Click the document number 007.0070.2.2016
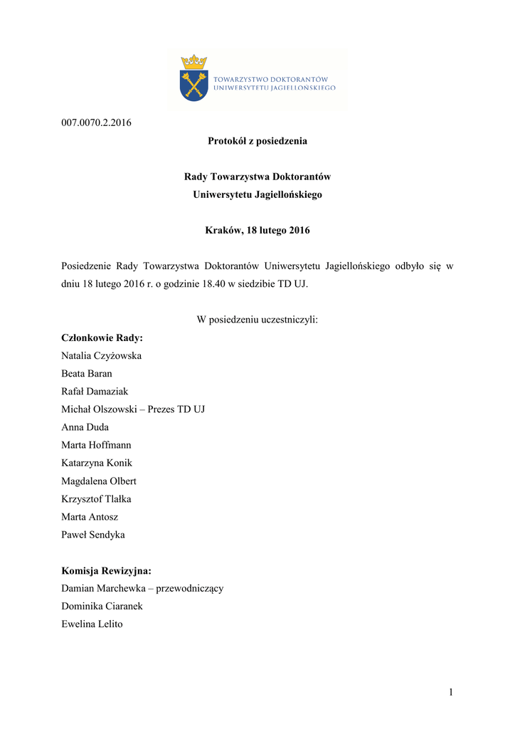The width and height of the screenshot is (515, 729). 96,122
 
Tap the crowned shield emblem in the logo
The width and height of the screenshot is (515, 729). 193,78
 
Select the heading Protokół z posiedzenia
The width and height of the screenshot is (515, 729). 257,141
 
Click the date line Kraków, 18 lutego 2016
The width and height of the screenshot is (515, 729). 257,231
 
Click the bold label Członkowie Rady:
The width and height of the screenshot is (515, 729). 102,337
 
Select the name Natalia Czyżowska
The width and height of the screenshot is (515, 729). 102,355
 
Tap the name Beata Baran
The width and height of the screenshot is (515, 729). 87,373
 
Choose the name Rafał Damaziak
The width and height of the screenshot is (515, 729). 95,391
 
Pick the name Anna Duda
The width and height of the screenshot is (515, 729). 85,427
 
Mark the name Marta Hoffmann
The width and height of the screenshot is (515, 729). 97,445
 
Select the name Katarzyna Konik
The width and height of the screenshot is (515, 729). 97,463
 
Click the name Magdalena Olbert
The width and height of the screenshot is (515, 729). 99,481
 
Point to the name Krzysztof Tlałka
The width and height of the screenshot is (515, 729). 97,499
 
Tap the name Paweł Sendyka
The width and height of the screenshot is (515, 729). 93,535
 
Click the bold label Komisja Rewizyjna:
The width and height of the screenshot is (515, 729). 107,571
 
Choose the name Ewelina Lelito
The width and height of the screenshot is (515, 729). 92,624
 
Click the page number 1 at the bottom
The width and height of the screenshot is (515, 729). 450,692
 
